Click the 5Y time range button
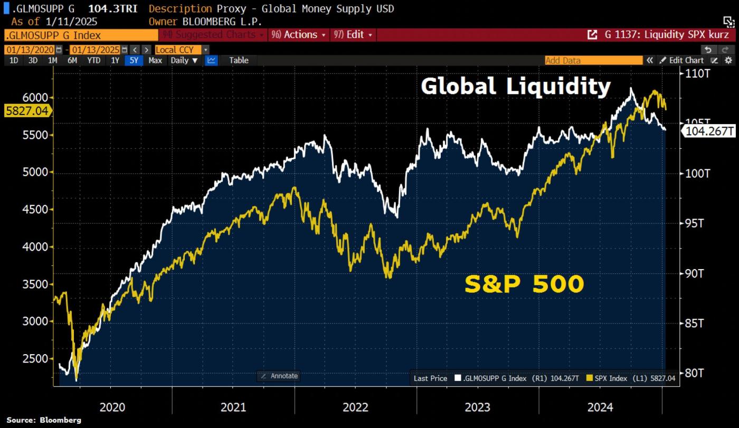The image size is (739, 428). (134, 60)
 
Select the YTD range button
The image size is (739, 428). (93, 60)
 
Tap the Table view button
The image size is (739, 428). (239, 60)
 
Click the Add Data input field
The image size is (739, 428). (593, 60)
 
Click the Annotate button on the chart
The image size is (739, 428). (279, 376)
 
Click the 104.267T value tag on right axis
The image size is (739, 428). (709, 131)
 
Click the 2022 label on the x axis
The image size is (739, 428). (355, 407)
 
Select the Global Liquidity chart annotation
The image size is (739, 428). (515, 87)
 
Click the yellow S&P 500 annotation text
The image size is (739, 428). (524, 284)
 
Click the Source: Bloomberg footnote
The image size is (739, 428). (44, 420)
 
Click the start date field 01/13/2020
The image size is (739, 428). (30, 50)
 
